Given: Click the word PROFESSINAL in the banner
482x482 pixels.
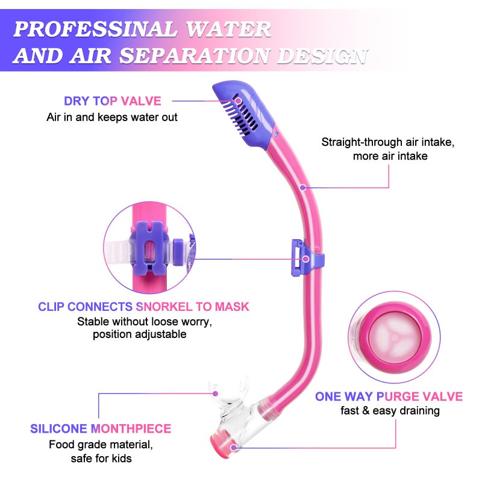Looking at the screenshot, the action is [95, 29].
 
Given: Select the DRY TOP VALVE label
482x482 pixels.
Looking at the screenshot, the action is [113, 101].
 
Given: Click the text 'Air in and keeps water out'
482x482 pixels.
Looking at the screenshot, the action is [112, 117].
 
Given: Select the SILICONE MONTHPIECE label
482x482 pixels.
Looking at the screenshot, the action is [101, 429].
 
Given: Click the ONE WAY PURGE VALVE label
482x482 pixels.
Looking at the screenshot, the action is [389, 396].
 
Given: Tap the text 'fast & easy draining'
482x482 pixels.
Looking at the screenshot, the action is [390, 411].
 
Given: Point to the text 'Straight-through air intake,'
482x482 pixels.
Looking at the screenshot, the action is [388, 142].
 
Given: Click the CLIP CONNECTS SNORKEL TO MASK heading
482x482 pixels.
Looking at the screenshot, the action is [143, 307].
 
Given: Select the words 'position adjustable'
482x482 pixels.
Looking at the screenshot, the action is [140, 334].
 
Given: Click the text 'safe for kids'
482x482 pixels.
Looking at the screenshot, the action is [101, 459].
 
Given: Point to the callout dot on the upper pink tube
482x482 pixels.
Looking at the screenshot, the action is [303, 187].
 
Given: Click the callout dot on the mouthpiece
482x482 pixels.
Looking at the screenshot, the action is [216, 393].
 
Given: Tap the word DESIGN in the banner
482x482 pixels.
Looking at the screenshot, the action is [322, 56].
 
